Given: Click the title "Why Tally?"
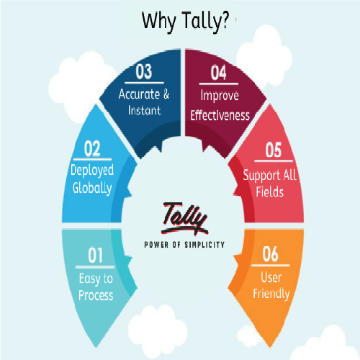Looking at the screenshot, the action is (185, 22).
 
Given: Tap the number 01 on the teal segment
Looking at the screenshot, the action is (95, 256).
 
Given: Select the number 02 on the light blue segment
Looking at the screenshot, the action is (92, 148).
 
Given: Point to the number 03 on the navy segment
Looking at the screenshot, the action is (144, 71).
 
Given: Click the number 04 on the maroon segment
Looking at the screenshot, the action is (218, 73).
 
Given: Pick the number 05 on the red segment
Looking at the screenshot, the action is (274, 150).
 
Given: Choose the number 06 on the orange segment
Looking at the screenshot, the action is (271, 254).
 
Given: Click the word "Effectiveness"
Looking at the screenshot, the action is (220, 115).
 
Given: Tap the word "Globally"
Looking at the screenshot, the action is (92, 188).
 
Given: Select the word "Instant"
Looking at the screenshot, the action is (144, 110).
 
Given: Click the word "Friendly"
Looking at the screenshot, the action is (271, 294).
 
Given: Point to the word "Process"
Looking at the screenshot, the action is (96, 295).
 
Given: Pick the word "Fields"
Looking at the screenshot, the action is (270, 192).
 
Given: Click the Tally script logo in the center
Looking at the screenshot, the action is (184, 218).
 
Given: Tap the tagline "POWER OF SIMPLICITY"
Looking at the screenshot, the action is (184, 245).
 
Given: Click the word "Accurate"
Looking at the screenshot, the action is (139, 94).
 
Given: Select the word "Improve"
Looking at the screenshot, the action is (220, 96).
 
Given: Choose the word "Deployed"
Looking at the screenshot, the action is (92, 171).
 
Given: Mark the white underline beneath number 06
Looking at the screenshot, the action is (271, 266).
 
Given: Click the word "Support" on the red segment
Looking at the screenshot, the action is (261, 176).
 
